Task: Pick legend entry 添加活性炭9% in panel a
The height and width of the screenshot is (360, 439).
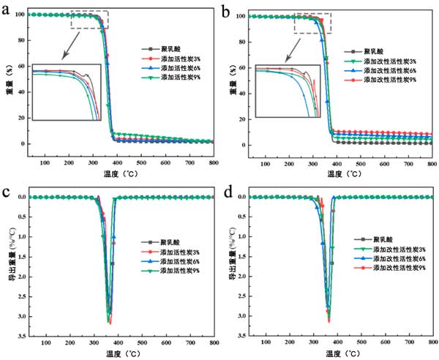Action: click(x=181, y=77)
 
